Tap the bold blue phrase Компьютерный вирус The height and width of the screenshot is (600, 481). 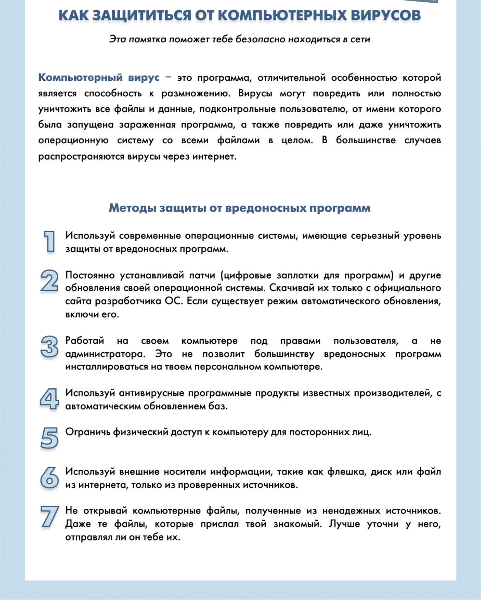point(99,78)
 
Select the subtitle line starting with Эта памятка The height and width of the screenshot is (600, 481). point(240,39)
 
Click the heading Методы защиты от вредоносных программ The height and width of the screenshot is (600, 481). point(240,208)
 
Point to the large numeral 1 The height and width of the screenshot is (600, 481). point(49,242)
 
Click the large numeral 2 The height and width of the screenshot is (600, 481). point(49,281)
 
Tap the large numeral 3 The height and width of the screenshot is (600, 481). point(49,347)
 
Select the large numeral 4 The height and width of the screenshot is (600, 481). point(49,399)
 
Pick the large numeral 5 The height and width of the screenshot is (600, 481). point(49,438)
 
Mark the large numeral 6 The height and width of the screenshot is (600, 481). point(49,478)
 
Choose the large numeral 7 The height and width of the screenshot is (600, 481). point(49,517)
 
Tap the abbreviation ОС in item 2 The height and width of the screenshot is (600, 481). point(173,301)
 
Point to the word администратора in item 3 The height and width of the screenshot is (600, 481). point(105,354)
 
